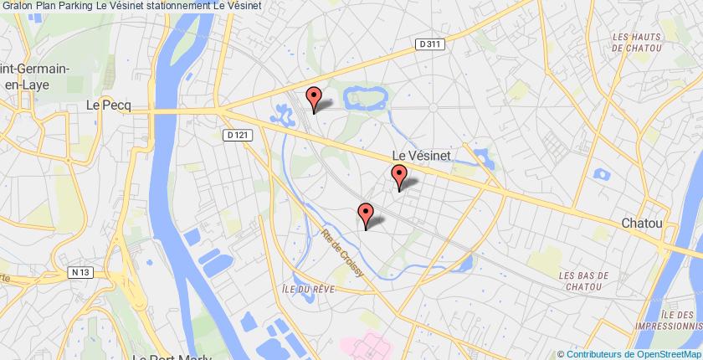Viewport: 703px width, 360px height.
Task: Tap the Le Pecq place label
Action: click(x=105, y=105)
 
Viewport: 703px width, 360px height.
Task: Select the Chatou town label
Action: click(x=641, y=224)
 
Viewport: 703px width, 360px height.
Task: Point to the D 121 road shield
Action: click(x=238, y=134)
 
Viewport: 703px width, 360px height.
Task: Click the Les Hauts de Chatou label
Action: click(x=644, y=43)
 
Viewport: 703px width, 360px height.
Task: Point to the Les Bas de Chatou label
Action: click(x=585, y=280)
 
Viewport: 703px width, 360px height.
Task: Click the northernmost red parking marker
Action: click(x=314, y=99)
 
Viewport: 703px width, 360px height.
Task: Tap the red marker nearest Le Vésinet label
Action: click(x=400, y=177)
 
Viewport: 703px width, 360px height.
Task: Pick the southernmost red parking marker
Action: click(x=366, y=214)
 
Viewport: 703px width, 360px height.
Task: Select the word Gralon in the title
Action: click(x=17, y=6)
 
